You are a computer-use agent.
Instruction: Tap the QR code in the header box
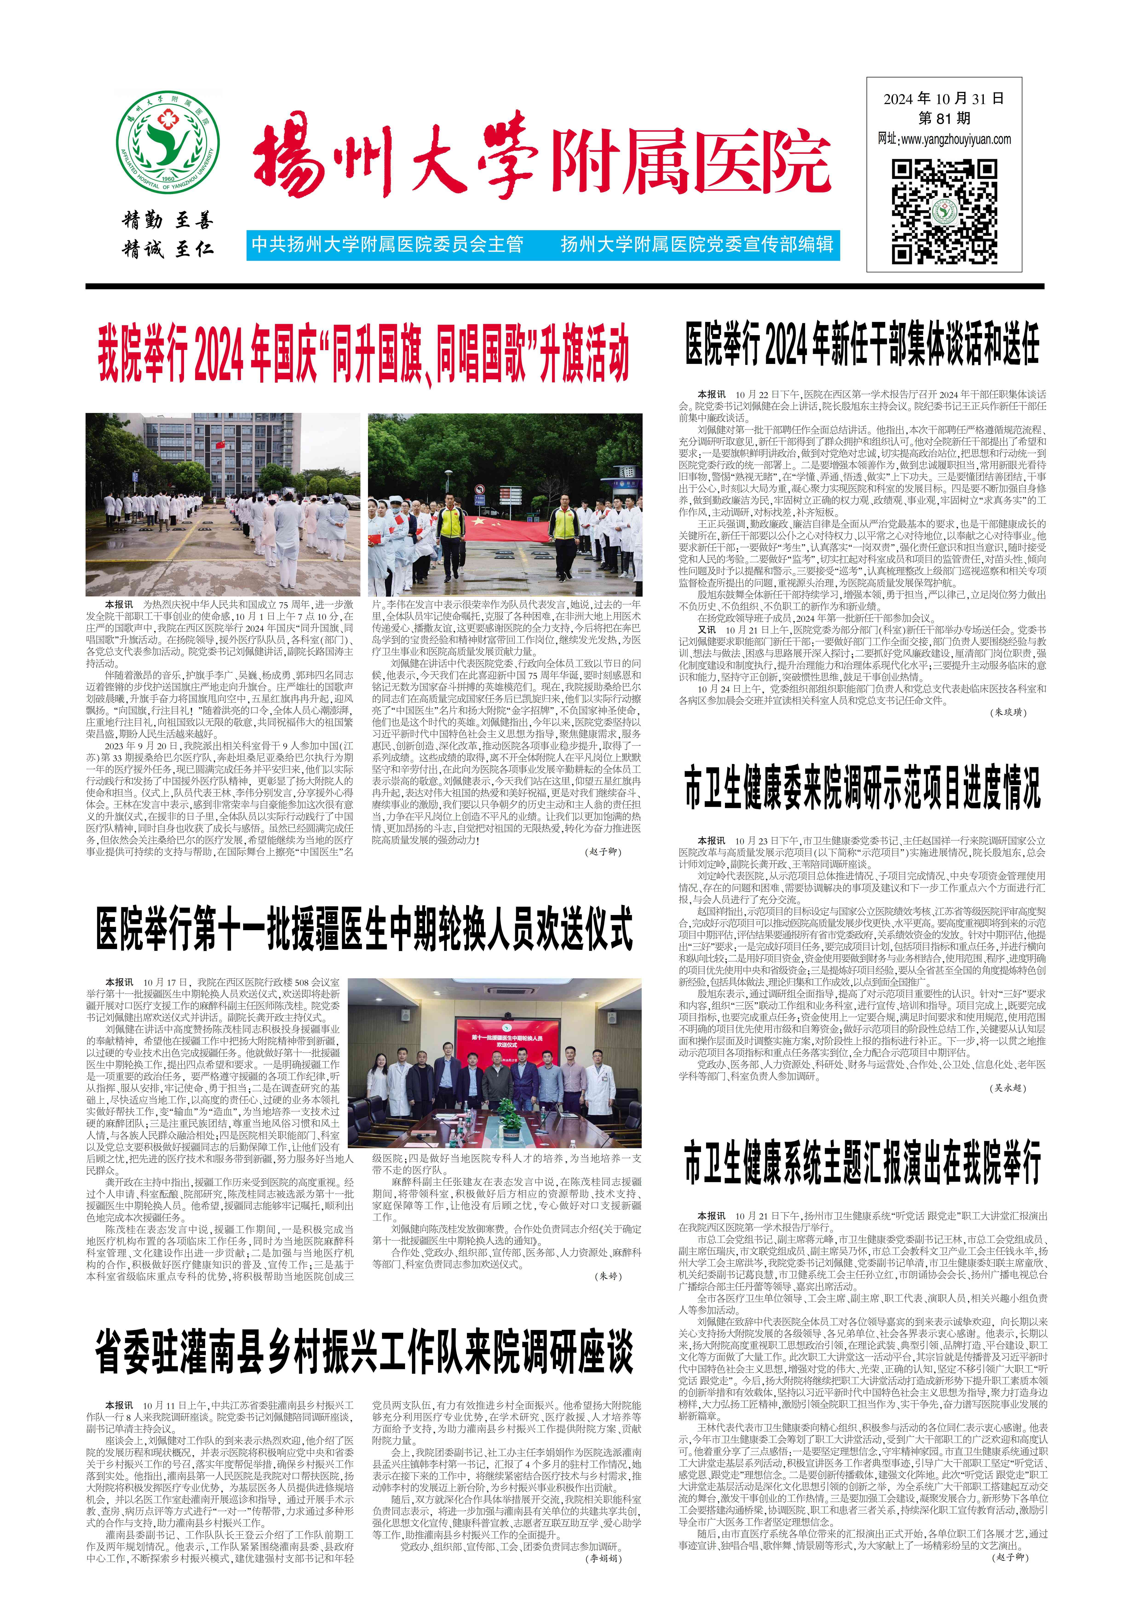coord(944,211)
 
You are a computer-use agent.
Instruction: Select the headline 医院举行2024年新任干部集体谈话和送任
coord(863,344)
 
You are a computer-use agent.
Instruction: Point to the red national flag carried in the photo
coord(506,528)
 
